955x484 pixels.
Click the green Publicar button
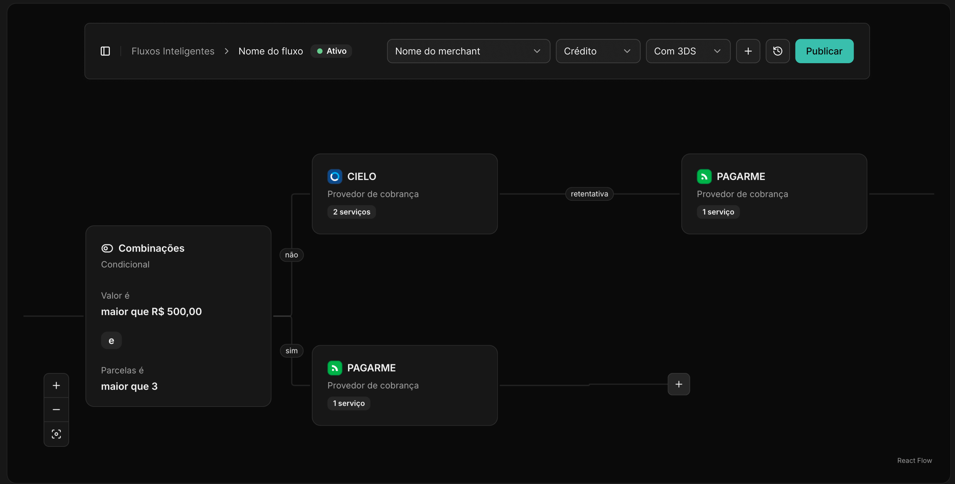click(824, 51)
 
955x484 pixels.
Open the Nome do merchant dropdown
click(468, 51)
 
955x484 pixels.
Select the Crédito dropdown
click(598, 51)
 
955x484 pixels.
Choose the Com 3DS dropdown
click(688, 51)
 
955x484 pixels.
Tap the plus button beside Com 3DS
click(748, 51)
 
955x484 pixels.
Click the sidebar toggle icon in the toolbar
click(105, 51)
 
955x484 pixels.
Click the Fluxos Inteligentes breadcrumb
click(173, 51)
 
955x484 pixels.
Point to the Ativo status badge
click(331, 51)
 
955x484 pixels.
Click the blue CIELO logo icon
click(334, 176)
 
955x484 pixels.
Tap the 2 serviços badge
click(352, 212)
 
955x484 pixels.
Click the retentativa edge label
click(589, 194)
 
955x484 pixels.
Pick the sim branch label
click(291, 351)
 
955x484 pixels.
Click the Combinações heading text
click(151, 248)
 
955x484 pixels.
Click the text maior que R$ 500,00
click(151, 312)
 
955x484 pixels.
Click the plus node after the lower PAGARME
click(678, 384)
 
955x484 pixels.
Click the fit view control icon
click(56, 434)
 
